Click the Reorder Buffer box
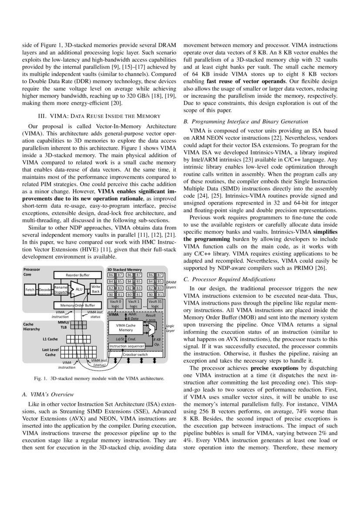(77, 275)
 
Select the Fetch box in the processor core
(30, 290)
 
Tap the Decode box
(45, 290)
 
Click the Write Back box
(95, 289)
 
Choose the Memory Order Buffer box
(77, 305)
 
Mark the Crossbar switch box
(135, 354)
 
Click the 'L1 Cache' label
(50, 338)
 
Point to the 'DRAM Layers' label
(171, 285)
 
